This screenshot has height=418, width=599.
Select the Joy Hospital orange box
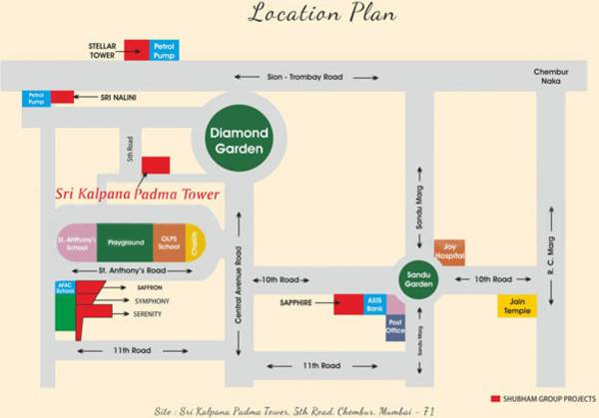(448, 252)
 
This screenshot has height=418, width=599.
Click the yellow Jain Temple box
(517, 306)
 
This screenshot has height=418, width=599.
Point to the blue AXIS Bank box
(373, 304)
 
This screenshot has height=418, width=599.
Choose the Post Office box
(395, 328)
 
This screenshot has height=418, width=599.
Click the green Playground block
(125, 242)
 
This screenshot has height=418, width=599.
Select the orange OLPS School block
(167, 242)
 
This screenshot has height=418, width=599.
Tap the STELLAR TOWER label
(102, 51)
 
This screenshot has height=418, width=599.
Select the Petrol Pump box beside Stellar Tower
(162, 51)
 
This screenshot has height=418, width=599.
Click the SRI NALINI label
(118, 98)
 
